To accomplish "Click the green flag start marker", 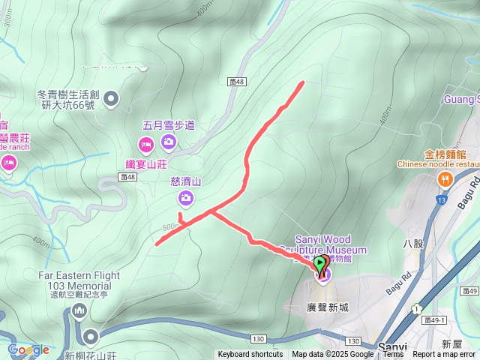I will (x=321, y=264).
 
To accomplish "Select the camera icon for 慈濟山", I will (x=185, y=198).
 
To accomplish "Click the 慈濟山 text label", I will (x=186, y=181).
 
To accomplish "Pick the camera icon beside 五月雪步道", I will (x=168, y=141).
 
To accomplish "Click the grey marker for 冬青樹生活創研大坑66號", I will (x=112, y=97).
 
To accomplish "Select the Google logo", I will (x=28, y=349).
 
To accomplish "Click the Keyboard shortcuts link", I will (x=250, y=355).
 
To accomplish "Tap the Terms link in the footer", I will (x=393, y=355).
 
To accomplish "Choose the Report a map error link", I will (x=444, y=355).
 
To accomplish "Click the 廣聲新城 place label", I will (x=328, y=307).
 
